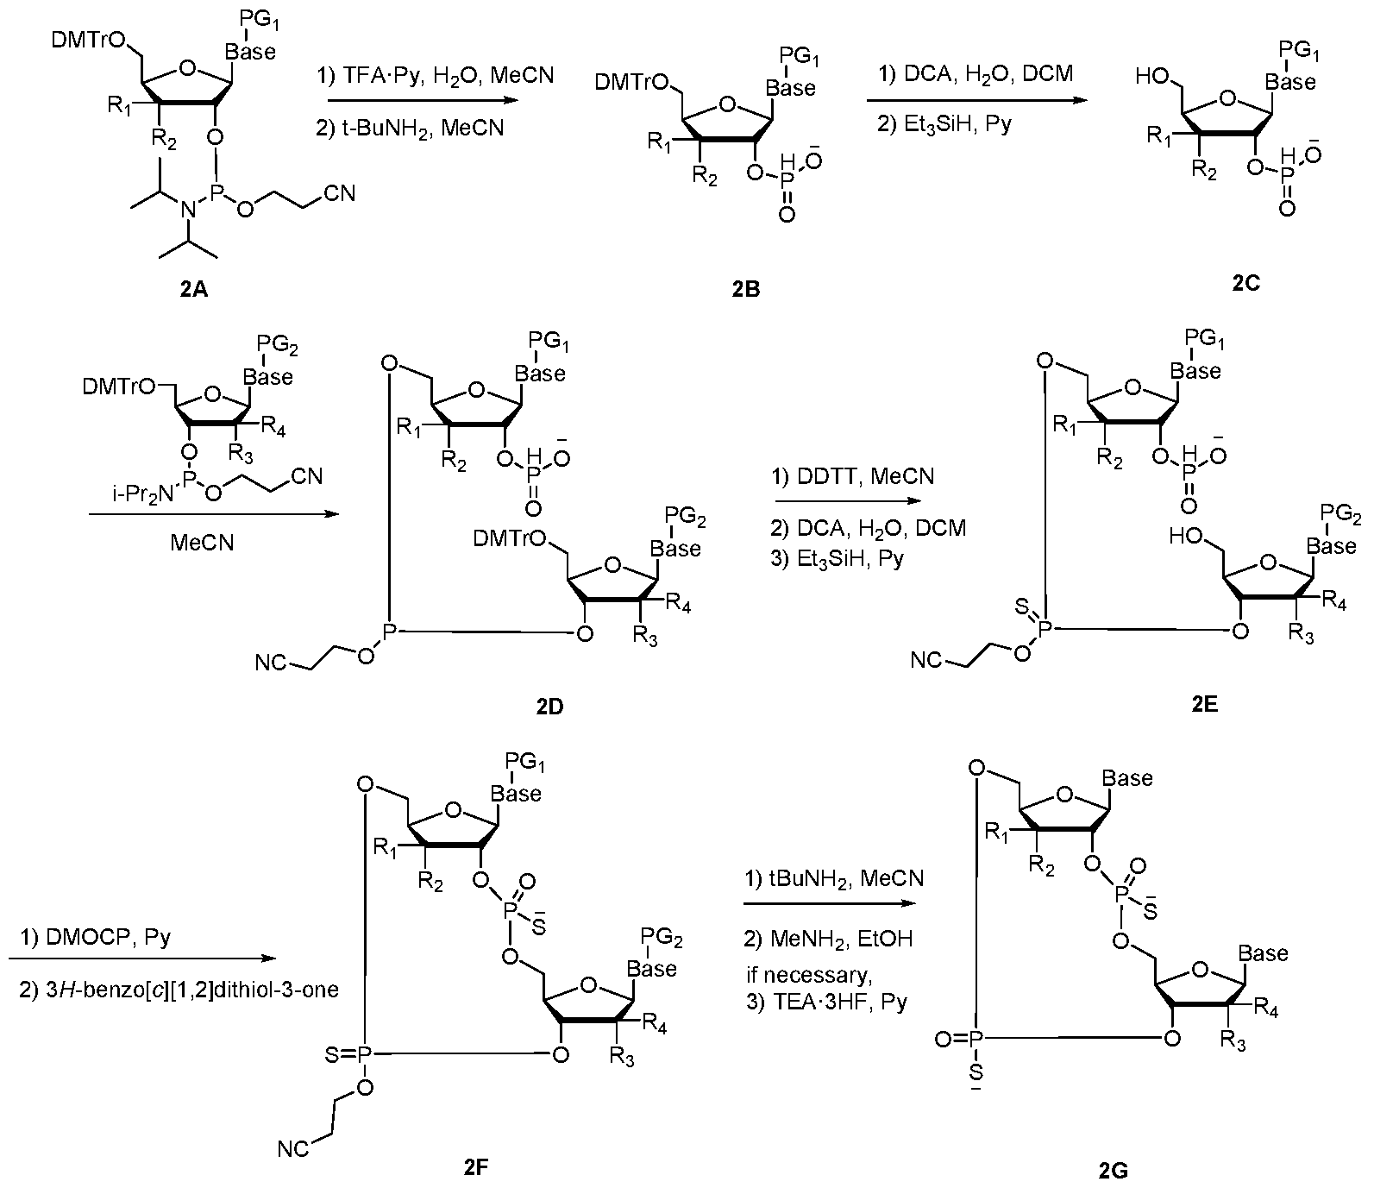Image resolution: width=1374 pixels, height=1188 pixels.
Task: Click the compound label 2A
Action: click(194, 291)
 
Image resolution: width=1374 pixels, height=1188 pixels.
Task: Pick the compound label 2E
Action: click(1205, 704)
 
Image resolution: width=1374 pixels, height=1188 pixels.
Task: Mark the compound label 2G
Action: click(1113, 1170)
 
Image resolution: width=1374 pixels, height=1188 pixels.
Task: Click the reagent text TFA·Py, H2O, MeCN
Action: click(442, 76)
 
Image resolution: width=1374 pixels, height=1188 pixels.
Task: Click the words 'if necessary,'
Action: click(807, 975)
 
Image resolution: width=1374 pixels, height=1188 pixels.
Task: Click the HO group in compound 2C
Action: click(1152, 77)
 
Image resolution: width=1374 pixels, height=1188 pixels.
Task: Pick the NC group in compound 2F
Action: click(293, 1149)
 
